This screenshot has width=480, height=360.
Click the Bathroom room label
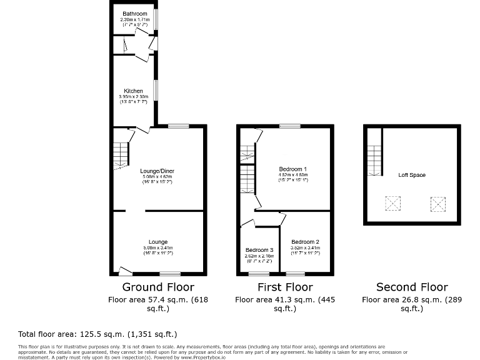click(x=134, y=14)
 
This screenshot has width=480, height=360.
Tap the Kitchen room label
click(x=133, y=91)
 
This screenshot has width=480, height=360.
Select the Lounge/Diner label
click(x=157, y=171)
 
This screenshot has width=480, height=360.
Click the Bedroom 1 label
click(x=292, y=169)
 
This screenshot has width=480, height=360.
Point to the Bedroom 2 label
click(x=305, y=242)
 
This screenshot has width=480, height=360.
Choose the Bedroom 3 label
click(x=259, y=250)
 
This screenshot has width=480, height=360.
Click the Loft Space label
click(x=412, y=175)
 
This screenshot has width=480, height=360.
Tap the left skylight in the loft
click(x=393, y=203)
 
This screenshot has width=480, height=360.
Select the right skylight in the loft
click(x=438, y=203)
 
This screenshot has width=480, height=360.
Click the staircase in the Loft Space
click(x=374, y=160)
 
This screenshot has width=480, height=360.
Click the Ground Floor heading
click(x=158, y=287)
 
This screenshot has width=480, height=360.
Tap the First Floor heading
click(x=285, y=287)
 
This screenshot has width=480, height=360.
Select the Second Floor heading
click(x=412, y=287)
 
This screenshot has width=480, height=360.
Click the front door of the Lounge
click(x=126, y=271)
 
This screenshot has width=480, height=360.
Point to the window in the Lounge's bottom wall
click(x=169, y=273)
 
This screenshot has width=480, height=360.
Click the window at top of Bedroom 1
click(x=289, y=126)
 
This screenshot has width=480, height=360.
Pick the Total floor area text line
click(x=98, y=334)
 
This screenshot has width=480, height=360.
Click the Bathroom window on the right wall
click(x=156, y=18)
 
